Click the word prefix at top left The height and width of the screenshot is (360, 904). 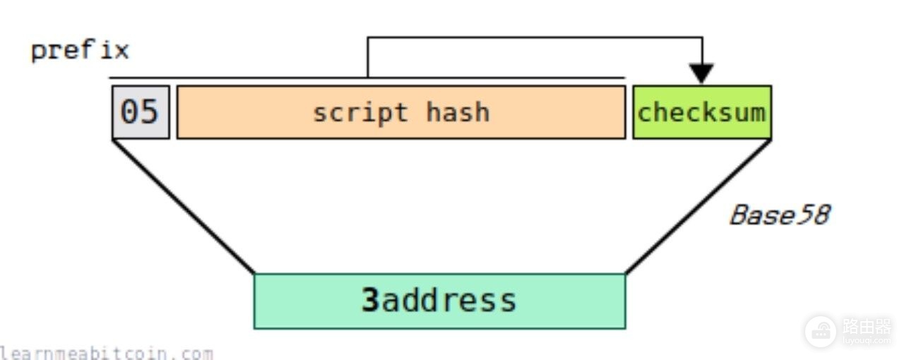[x=80, y=51]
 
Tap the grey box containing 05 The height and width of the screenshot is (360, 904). [x=141, y=112]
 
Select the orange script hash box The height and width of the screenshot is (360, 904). [x=401, y=112]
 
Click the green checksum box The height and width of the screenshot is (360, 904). [x=702, y=112]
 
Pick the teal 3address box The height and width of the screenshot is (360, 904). [x=439, y=301]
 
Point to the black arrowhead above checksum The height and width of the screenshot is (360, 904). [x=701, y=73]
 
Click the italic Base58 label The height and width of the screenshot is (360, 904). [x=780, y=215]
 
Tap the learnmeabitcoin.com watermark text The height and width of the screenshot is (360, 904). [x=106, y=353]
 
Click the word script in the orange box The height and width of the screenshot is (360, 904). [x=360, y=113]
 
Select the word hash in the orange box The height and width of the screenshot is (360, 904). [x=458, y=112]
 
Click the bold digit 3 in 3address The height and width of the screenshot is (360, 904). [x=370, y=300]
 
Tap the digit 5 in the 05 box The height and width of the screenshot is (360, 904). [x=149, y=112]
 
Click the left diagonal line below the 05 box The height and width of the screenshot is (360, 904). [x=184, y=207]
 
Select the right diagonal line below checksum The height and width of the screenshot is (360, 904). [x=698, y=207]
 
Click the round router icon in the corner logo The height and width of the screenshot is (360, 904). [x=821, y=332]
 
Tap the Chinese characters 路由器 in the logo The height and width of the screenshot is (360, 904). [x=867, y=327]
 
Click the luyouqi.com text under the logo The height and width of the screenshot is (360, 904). [x=867, y=342]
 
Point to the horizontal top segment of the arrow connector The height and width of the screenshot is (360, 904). [x=535, y=38]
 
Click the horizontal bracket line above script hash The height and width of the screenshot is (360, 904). [x=367, y=78]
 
